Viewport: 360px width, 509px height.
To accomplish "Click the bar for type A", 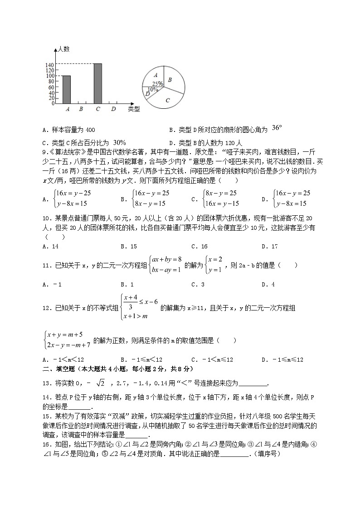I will pyautogui.click(x=66, y=89).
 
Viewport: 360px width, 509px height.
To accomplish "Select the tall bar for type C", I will pyautogui.click(x=97, y=83).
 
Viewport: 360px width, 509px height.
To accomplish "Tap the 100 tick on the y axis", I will pyautogui.click(x=50, y=76).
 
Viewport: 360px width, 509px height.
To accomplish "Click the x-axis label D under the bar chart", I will pyautogui.click(x=113, y=109).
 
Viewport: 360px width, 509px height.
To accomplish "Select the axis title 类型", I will pyautogui.click(x=134, y=109).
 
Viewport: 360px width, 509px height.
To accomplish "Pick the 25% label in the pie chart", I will pyautogui.click(x=157, y=84).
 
